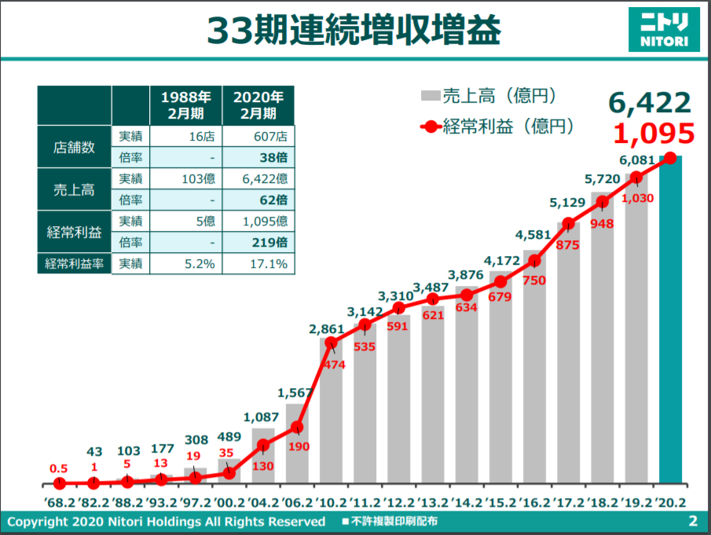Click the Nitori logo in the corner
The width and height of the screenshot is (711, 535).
click(x=664, y=30)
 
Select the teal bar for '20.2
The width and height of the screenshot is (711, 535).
click(x=670, y=320)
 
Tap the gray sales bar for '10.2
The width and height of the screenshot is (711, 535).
click(x=331, y=411)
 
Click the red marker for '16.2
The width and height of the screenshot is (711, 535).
click(x=534, y=261)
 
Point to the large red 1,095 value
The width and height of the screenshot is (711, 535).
click(x=654, y=134)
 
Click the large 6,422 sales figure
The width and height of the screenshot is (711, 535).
click(x=650, y=103)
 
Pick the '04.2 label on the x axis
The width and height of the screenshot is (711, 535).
click(x=263, y=502)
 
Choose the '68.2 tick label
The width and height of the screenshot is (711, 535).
click(x=60, y=502)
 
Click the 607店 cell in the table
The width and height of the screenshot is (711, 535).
click(x=258, y=136)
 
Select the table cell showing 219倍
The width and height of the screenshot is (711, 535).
click(x=258, y=242)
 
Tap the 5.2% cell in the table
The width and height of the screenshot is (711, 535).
click(x=186, y=263)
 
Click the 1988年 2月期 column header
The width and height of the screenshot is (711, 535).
click(x=186, y=105)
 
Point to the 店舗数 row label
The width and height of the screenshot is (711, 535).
click(x=75, y=147)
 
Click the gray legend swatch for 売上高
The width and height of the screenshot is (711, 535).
click(x=431, y=96)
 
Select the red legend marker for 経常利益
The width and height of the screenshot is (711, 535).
click(x=431, y=126)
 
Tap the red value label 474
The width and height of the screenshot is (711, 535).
click(x=334, y=365)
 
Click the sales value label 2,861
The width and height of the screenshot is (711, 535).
click(x=327, y=329)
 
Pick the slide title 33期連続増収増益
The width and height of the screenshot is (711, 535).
click(x=354, y=31)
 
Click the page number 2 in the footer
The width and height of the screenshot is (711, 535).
click(x=693, y=521)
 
